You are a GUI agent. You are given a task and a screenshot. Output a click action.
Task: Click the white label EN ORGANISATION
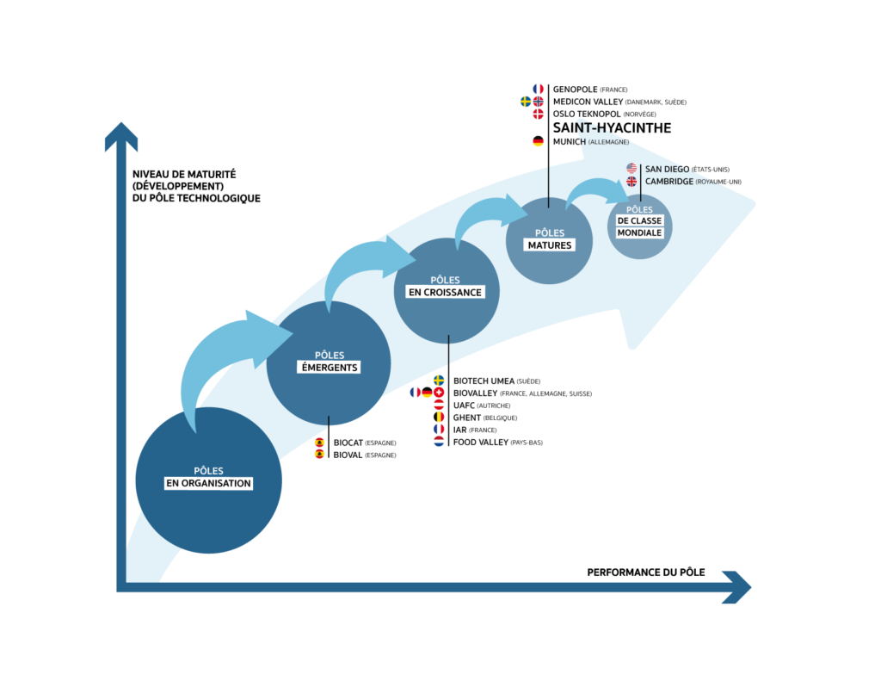[x=208, y=483]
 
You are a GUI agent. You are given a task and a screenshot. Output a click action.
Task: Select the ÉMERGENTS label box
[x=328, y=368]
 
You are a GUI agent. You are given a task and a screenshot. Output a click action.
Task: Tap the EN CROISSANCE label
[x=445, y=292]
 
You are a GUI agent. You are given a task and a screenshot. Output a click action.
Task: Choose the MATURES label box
[x=549, y=245]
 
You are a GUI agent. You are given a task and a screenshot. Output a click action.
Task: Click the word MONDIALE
[x=639, y=233]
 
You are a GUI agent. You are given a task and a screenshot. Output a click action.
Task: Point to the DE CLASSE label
[x=639, y=221]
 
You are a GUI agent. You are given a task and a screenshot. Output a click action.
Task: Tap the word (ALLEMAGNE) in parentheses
[x=609, y=141]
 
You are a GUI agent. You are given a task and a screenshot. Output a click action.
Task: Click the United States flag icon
[x=631, y=169]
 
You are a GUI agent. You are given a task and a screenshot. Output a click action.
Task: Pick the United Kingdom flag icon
[x=631, y=182]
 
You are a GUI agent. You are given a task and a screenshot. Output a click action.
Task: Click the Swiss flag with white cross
[x=439, y=392]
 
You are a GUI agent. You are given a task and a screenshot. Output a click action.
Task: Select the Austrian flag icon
[x=439, y=404]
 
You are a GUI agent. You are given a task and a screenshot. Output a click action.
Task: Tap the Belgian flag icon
[x=439, y=416]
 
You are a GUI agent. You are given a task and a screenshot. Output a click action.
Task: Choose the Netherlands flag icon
[x=439, y=441]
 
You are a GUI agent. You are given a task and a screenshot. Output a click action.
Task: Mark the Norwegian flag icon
[x=539, y=102]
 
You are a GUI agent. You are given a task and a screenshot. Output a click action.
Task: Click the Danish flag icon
[x=539, y=114]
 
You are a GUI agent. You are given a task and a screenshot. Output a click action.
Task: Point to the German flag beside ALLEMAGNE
[x=538, y=141]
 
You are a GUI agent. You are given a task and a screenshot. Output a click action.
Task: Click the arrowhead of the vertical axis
[x=121, y=137]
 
